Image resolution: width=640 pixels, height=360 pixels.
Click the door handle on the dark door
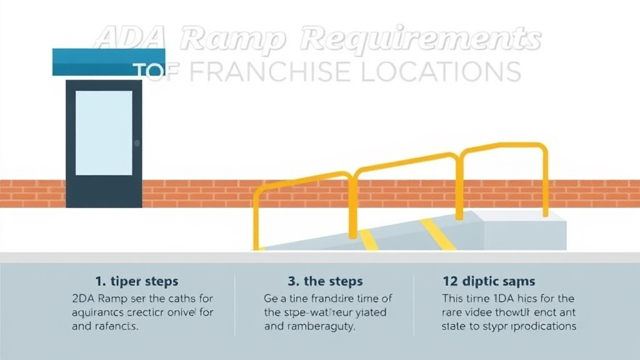tap(137, 143)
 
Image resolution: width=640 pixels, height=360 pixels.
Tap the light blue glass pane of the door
tap(104, 132)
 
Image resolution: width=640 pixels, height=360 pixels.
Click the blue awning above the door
tap(109, 62)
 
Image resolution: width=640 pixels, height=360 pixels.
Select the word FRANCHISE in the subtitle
tap(262, 72)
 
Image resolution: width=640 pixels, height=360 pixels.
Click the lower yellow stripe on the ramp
tap(368, 240)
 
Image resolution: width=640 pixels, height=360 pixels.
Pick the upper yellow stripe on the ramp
tap(437, 234)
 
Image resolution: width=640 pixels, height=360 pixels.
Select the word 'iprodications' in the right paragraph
tap(542, 326)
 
